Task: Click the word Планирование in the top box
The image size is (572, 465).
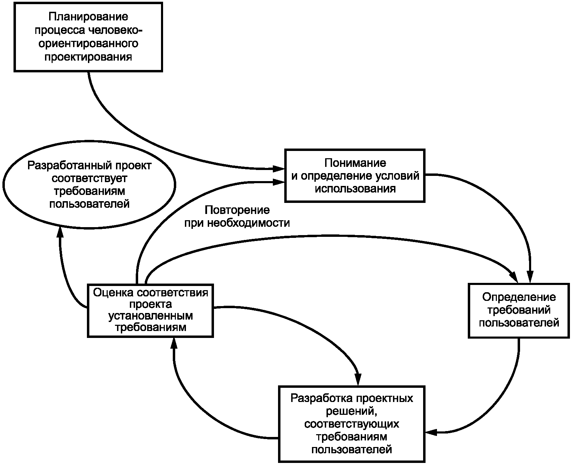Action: tap(88, 17)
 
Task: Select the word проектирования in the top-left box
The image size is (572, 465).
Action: tap(88, 56)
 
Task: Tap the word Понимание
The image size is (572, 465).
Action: tap(355, 163)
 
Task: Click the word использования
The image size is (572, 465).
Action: tap(355, 189)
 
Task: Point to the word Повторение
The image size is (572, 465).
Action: tap(237, 210)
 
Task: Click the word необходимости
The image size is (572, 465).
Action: tap(249, 223)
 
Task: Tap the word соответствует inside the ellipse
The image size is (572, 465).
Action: tap(89, 178)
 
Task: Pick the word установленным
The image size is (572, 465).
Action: tap(151, 316)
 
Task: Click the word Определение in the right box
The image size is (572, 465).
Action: tap(519, 297)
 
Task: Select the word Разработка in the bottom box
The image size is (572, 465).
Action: tap(320, 399)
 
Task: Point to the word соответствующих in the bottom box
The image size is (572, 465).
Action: tap(351, 424)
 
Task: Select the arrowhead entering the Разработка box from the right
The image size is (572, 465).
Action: tap(431, 432)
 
